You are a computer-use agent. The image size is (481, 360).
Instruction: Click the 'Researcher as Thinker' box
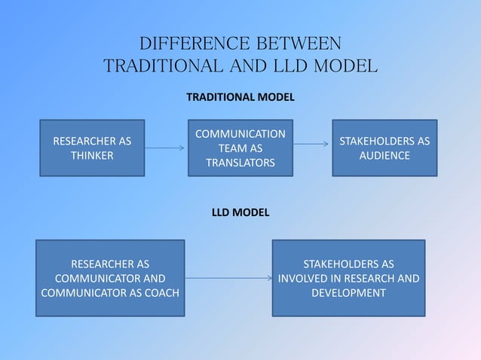(x=91, y=148)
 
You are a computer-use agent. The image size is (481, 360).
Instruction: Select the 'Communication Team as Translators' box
(x=240, y=148)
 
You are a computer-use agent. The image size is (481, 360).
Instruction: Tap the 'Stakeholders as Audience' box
(x=384, y=148)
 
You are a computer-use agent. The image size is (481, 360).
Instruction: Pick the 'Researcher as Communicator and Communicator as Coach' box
(x=110, y=278)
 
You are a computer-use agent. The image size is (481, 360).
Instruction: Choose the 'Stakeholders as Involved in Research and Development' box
(x=348, y=278)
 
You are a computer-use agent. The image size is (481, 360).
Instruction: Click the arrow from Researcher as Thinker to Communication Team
(x=164, y=148)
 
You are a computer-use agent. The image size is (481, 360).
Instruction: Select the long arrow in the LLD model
(x=228, y=279)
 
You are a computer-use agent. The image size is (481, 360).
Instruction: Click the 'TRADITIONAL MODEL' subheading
(x=240, y=98)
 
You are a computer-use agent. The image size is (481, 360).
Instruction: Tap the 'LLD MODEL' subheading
(x=240, y=213)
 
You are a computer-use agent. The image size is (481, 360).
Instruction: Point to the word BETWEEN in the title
(x=296, y=42)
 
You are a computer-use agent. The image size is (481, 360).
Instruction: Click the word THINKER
(x=92, y=156)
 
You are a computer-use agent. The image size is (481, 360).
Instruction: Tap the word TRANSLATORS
(x=240, y=163)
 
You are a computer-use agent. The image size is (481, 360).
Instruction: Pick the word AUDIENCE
(x=384, y=156)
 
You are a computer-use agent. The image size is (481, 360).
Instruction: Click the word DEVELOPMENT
(x=348, y=292)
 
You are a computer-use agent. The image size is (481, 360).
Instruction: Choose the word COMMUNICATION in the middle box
(x=240, y=134)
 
